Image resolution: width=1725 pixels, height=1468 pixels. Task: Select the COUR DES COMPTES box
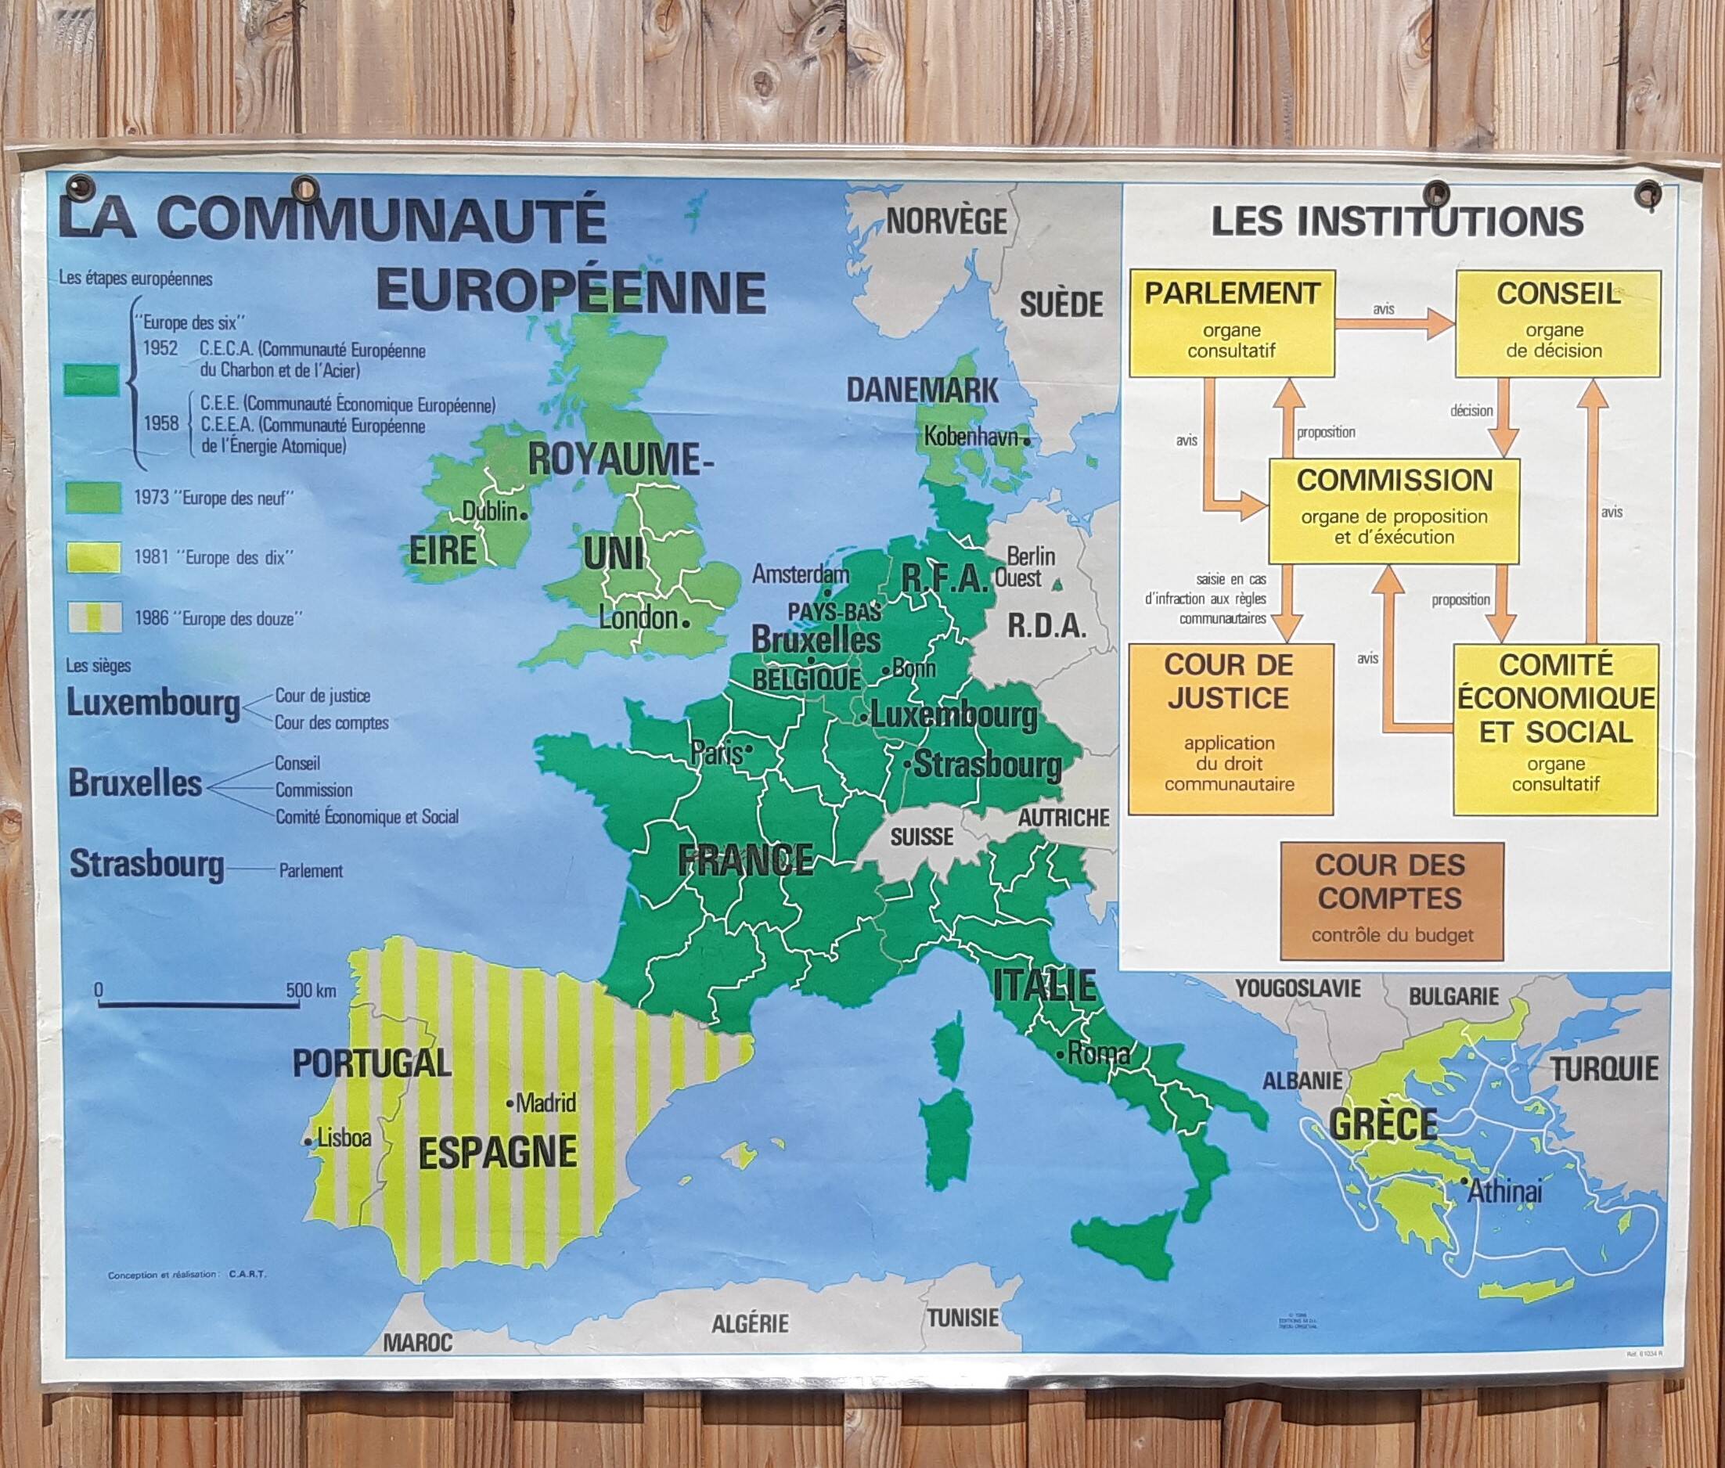coord(1392,900)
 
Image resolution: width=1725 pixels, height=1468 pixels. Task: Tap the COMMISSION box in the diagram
coord(1394,510)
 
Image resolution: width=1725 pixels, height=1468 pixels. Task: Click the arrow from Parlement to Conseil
coord(1395,324)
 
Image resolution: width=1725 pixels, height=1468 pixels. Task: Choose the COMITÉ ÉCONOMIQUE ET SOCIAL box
coord(1555,729)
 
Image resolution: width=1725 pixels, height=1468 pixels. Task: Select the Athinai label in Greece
coord(1504,1192)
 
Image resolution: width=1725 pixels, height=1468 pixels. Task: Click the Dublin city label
coord(490,511)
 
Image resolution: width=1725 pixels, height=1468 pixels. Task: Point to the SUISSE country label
coord(921,837)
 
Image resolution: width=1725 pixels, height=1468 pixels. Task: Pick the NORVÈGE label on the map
coord(946,221)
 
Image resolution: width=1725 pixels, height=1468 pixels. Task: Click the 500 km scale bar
coord(199,1005)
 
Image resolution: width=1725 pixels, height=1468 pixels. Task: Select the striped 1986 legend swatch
coord(92,617)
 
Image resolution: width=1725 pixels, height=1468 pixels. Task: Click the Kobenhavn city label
coord(971,436)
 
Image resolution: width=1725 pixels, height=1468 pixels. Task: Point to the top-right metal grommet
coord(1648,194)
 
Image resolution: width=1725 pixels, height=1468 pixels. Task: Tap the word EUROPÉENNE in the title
coord(571,291)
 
